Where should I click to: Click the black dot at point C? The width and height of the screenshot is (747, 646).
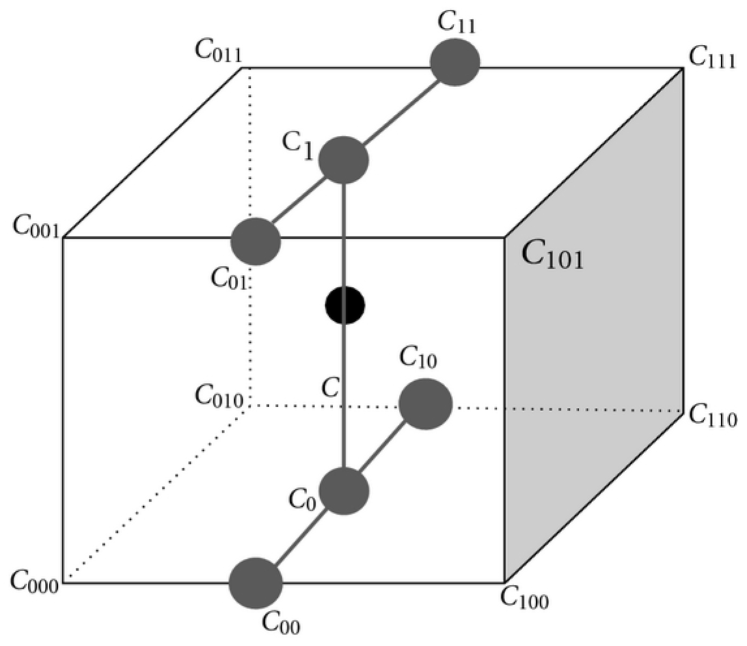pyautogui.click(x=345, y=304)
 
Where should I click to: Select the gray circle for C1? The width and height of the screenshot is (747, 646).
pyautogui.click(x=344, y=160)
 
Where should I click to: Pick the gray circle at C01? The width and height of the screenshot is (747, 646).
pyautogui.click(x=256, y=241)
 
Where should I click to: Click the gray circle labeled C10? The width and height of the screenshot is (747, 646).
pyautogui.click(x=426, y=404)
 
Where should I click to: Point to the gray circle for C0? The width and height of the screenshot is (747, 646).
pyautogui.click(x=345, y=491)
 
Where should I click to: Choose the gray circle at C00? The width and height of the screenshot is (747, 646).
pyautogui.click(x=256, y=583)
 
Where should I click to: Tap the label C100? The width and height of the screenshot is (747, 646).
pyautogui.click(x=524, y=598)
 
